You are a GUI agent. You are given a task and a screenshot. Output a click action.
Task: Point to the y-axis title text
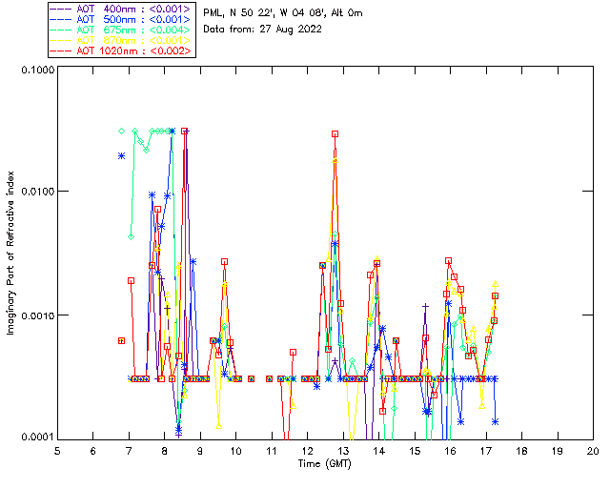pos(12,254)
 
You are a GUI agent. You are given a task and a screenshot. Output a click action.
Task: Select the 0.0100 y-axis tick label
pos(33,193)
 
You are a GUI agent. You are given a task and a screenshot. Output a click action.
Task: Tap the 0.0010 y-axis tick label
pos(33,315)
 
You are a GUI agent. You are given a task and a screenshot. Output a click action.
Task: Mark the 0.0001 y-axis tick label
pos(33,437)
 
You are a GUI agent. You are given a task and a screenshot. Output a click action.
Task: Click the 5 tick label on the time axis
pos(57,449)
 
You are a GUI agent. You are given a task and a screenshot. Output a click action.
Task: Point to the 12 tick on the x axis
pos(307,449)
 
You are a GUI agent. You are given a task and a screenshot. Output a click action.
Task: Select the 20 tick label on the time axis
pos(593,449)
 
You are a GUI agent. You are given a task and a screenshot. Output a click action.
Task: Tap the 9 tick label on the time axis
pos(200,449)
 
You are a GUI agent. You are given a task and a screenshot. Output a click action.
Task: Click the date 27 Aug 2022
pos(291,30)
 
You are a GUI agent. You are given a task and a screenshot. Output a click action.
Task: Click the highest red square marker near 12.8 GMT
pos(335,134)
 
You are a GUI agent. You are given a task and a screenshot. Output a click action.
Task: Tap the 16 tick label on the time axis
pos(450,449)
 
